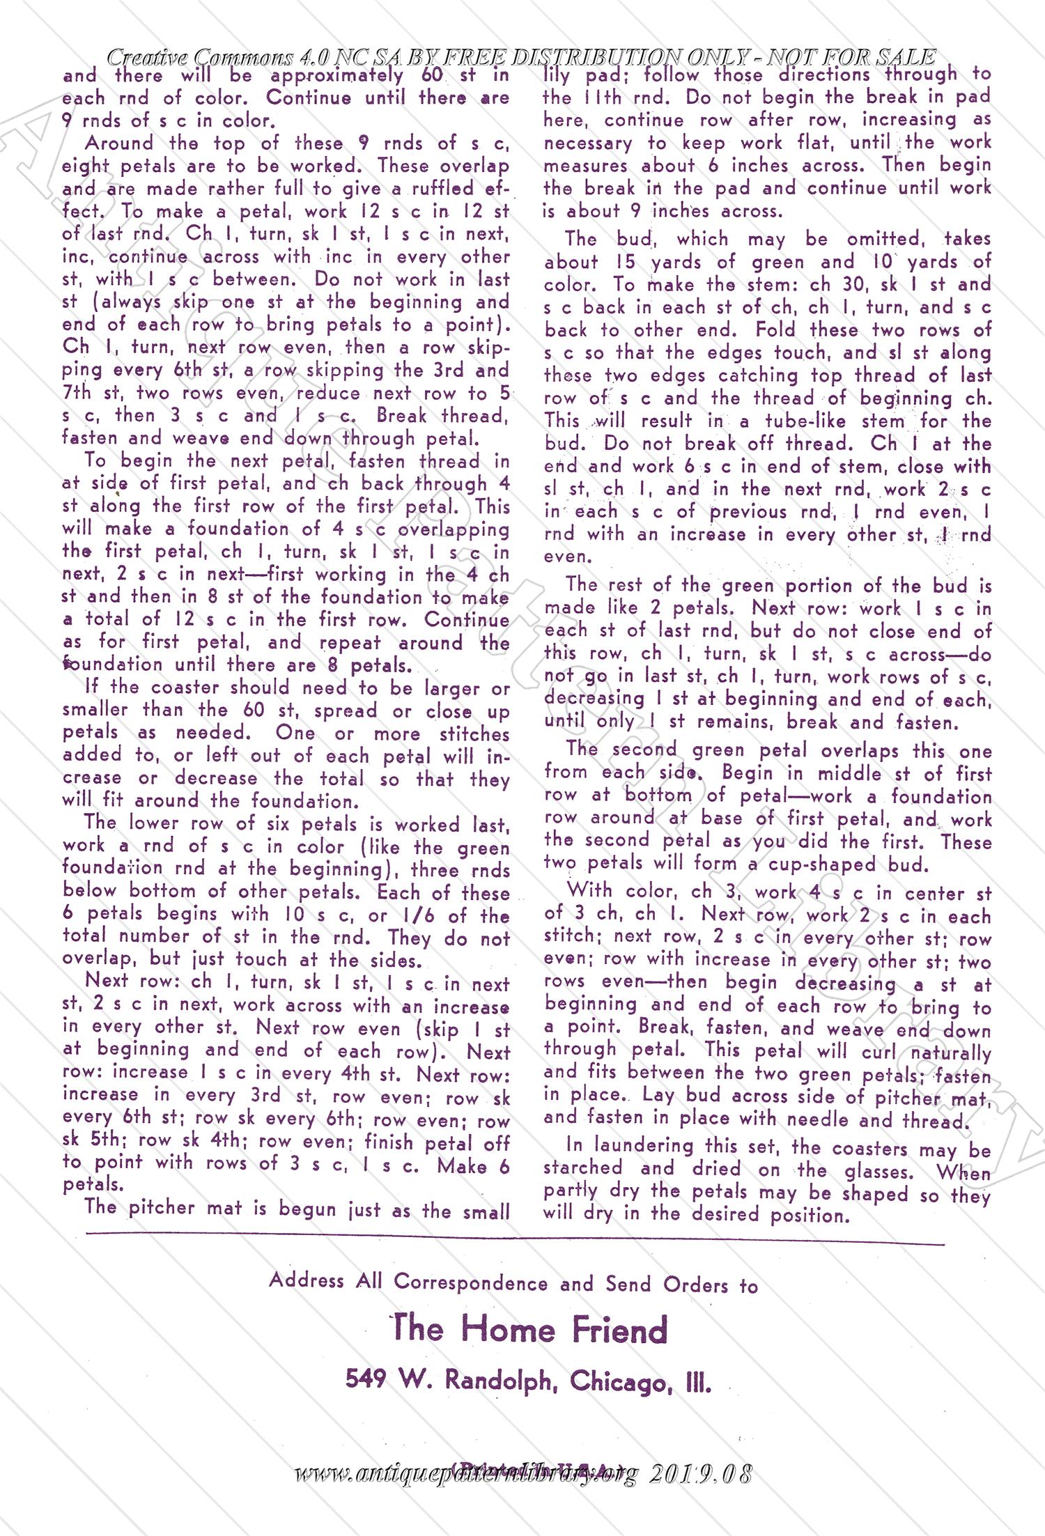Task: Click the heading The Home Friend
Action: [529, 1329]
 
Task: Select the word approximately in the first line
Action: [336, 75]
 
